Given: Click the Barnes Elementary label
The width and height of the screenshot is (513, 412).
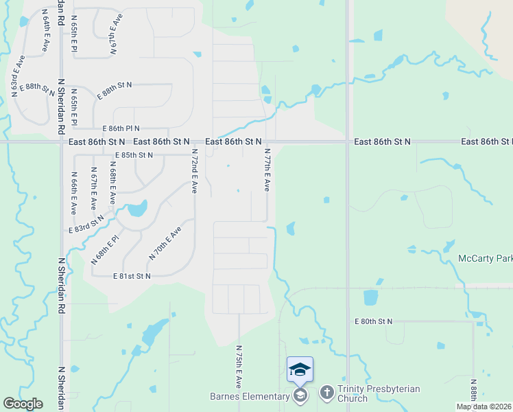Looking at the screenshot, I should coord(250,396).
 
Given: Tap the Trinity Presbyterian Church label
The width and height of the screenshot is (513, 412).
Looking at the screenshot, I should coord(378,393).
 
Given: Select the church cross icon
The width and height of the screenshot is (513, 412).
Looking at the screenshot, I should coord(326,392).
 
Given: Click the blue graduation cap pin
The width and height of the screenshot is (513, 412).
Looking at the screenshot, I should coord(300,371).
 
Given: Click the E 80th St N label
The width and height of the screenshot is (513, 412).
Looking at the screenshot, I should coord(373,321).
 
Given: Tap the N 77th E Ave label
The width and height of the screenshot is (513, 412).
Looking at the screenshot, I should coord(267,170).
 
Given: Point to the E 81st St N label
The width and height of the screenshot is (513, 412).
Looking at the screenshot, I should coord(132,276).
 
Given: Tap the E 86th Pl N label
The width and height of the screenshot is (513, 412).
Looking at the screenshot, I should coord(121,128).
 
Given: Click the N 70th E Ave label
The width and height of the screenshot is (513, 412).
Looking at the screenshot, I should coord(165,242).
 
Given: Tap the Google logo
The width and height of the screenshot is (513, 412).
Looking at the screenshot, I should coord(23,404).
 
